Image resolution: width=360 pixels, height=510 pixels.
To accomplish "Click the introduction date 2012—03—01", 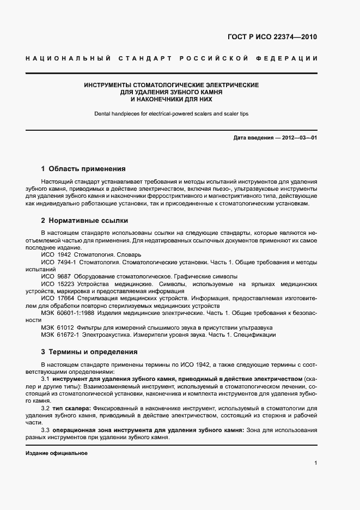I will pos(297,138).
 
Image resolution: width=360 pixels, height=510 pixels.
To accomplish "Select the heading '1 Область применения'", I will pos(83,169).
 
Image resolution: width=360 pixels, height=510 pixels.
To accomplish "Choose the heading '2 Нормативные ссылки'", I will pos(84,220).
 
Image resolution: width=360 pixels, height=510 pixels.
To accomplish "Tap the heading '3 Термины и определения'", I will pos(89,351).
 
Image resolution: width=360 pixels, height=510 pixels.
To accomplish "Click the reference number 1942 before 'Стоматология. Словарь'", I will pos(64,254).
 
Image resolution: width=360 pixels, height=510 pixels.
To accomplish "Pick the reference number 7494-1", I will pos(67,262).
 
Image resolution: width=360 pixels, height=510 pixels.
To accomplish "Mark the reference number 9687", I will pos(64,276).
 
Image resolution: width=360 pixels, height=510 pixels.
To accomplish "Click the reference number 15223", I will pos(65,284).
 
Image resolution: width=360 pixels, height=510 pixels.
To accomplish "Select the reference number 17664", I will pos(65,299).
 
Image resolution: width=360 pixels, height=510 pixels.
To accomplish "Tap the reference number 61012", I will pos(66,327).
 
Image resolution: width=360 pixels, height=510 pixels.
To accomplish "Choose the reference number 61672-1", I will pos(68,335).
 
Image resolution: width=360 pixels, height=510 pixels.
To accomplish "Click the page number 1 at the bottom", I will pos(316,463).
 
